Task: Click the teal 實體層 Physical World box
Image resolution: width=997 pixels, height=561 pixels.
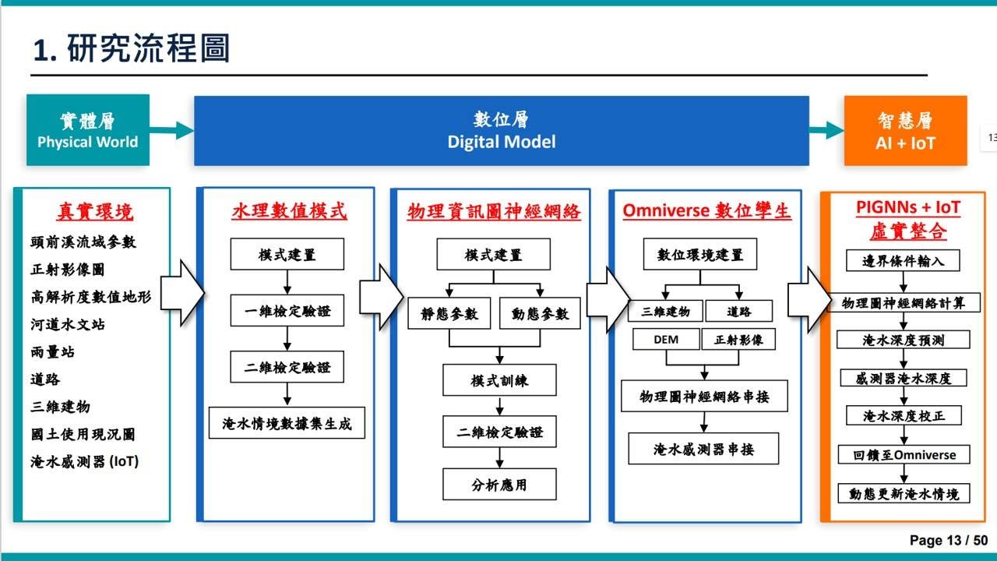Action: point(88,130)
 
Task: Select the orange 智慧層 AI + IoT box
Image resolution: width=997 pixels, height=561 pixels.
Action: point(905,131)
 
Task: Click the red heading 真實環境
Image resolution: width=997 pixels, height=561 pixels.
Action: point(95,211)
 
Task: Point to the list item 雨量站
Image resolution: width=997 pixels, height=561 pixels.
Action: point(52,351)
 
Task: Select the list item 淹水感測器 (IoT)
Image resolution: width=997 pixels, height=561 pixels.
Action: point(85,461)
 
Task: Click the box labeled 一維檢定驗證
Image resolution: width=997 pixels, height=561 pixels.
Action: point(287,310)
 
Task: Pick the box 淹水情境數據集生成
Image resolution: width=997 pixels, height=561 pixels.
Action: point(287,423)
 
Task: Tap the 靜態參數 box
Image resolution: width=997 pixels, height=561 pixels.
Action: point(449,313)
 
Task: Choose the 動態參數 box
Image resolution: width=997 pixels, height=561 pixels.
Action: point(540,313)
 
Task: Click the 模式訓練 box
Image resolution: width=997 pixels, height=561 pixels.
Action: point(499,380)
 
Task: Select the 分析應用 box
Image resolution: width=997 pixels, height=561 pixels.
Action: point(499,484)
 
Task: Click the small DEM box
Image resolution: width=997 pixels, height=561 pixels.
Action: point(666,339)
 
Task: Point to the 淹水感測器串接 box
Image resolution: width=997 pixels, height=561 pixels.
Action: point(703,449)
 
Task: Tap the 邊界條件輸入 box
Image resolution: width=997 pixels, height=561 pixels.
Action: point(903,260)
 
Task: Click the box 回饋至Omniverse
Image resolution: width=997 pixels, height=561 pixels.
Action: point(904,454)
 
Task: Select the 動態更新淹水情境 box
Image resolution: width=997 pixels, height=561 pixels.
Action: point(904,493)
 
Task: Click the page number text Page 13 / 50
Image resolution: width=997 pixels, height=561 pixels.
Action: point(949,540)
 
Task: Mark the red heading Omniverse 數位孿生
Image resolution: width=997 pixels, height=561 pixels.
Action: point(706,210)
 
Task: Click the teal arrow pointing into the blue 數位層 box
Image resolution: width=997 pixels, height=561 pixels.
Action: point(172,130)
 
